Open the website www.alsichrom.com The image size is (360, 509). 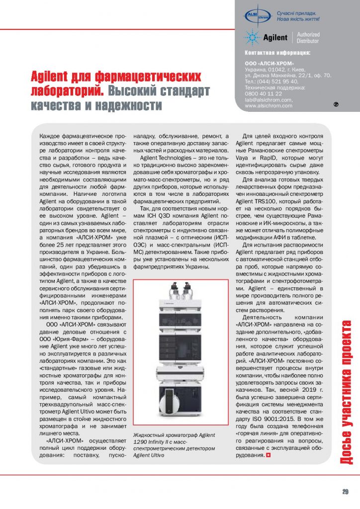click(x=268, y=105)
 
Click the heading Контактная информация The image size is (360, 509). click(x=278, y=53)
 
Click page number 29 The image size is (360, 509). click(x=345, y=492)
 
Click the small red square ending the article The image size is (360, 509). click(x=269, y=455)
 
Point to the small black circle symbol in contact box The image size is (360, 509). click(x=336, y=105)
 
